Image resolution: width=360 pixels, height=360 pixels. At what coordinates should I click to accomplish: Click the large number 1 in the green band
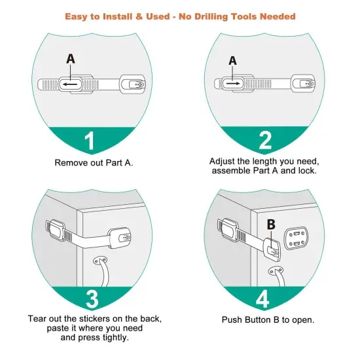91,141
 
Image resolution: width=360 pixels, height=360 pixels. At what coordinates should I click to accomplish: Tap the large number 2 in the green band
264,141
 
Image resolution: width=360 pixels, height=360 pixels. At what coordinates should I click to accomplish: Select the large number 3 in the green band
92,298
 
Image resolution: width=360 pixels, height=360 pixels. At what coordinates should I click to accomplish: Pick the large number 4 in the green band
263,298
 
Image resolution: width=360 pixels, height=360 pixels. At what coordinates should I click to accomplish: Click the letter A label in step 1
71,59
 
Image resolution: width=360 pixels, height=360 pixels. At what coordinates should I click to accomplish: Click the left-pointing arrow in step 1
69,84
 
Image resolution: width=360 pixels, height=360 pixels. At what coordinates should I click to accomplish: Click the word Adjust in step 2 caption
223,161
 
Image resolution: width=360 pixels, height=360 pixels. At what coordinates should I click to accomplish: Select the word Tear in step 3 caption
38,319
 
